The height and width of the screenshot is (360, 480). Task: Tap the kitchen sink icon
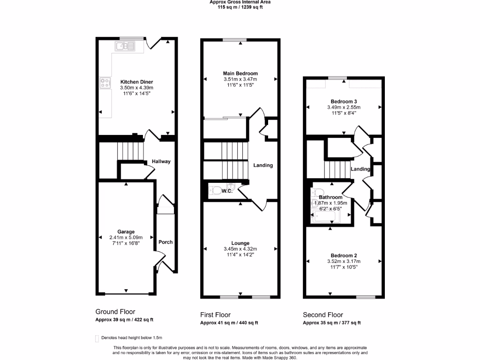(125, 46)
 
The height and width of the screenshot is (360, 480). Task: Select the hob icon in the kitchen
(105, 83)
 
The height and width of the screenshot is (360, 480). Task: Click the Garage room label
(126, 232)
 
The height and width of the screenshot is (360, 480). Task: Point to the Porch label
(165, 242)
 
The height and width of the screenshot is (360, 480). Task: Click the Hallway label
(161, 162)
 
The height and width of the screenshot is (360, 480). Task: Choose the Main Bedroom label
(240, 74)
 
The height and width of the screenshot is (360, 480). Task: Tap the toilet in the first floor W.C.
(216, 190)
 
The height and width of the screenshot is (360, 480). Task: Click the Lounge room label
(240, 243)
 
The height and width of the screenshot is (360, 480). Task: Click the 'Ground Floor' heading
(115, 312)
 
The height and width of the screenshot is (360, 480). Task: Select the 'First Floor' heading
(215, 315)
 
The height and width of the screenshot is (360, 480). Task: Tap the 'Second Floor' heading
(323, 315)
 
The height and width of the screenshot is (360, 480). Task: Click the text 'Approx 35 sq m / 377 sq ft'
(331, 323)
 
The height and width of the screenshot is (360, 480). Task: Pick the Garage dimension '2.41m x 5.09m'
(126, 237)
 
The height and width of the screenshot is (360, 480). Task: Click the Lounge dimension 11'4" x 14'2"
(240, 255)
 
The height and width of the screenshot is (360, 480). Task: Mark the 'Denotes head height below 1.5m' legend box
(97, 338)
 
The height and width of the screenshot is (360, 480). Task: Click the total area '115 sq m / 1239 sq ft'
(240, 7)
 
